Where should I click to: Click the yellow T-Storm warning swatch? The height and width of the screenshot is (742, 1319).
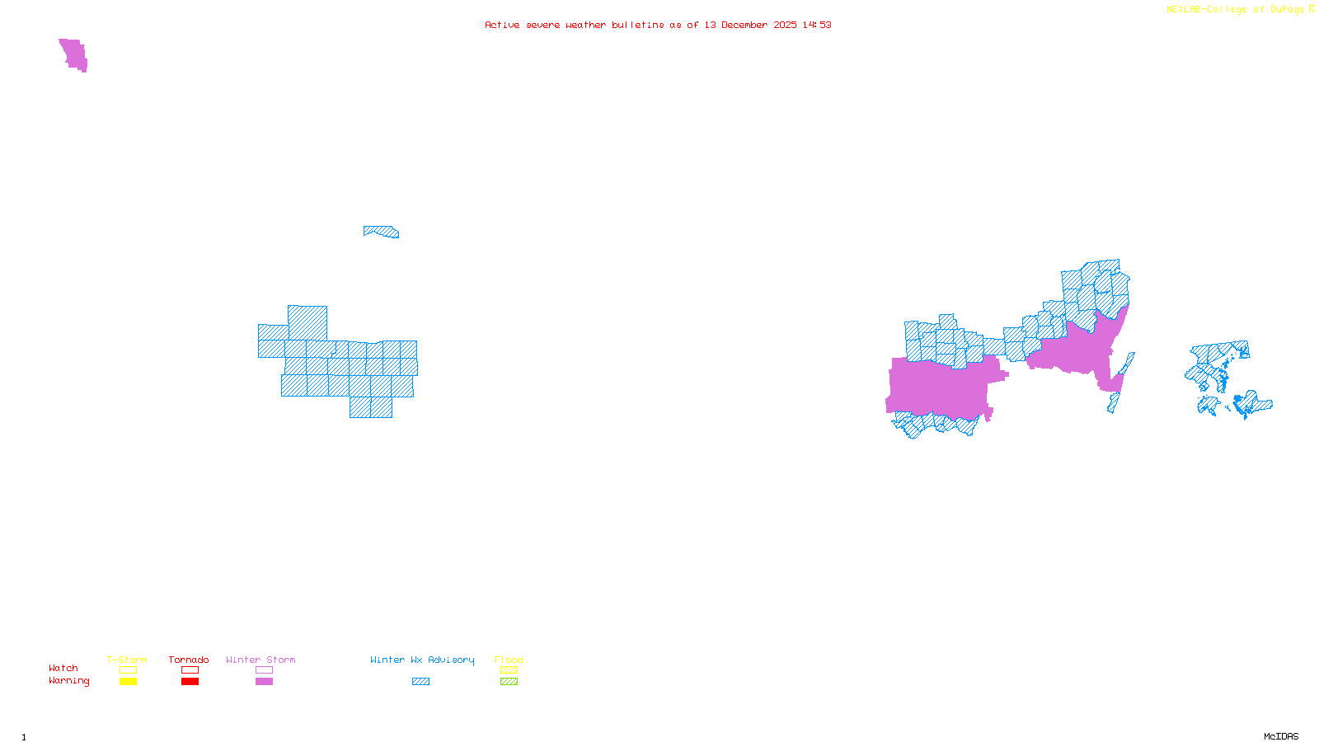128,682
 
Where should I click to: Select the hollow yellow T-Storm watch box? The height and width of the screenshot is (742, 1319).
128,670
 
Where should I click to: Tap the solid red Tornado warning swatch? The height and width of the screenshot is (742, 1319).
190,682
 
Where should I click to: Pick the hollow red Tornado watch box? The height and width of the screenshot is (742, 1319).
190,670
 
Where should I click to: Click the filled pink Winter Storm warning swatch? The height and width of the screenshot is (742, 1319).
264,682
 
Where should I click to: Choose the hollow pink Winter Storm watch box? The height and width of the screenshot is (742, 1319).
264,670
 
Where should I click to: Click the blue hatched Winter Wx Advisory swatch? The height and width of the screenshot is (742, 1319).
420,682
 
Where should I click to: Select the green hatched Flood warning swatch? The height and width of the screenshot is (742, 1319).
509,682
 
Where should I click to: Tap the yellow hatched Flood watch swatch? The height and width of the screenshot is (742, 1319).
509,670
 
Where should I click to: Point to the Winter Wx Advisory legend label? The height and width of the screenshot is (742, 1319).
422,660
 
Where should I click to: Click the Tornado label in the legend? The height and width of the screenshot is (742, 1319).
189,660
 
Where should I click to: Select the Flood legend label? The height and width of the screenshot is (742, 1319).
509,660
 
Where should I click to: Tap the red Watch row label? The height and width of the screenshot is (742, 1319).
63,669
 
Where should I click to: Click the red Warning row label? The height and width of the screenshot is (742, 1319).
69,681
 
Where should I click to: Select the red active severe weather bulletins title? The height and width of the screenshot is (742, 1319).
658,25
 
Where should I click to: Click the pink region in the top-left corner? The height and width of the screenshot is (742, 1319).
74,54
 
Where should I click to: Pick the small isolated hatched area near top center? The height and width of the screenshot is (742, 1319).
382,232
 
